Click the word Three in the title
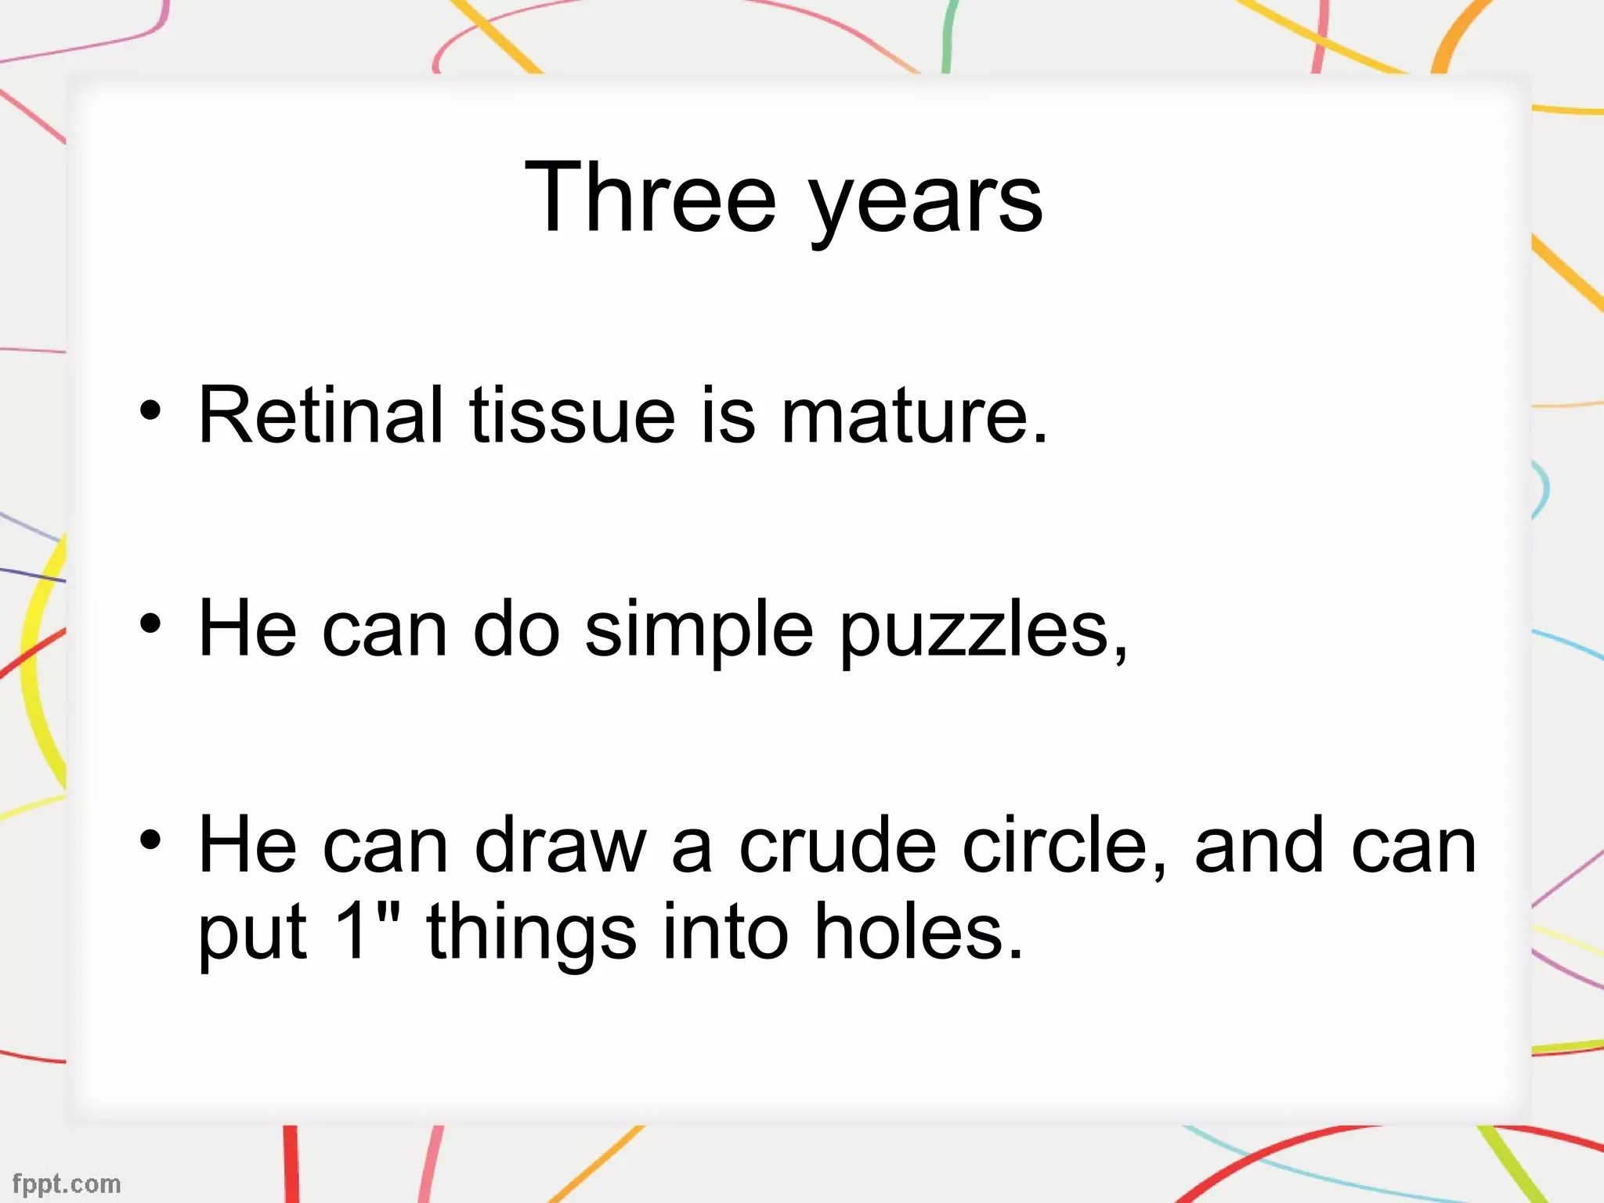point(650,197)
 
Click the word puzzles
point(983,630)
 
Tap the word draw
point(561,845)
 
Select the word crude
point(837,845)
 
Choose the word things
point(531,932)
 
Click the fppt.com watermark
point(67,1183)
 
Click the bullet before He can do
point(150,624)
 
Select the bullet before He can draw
point(150,840)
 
